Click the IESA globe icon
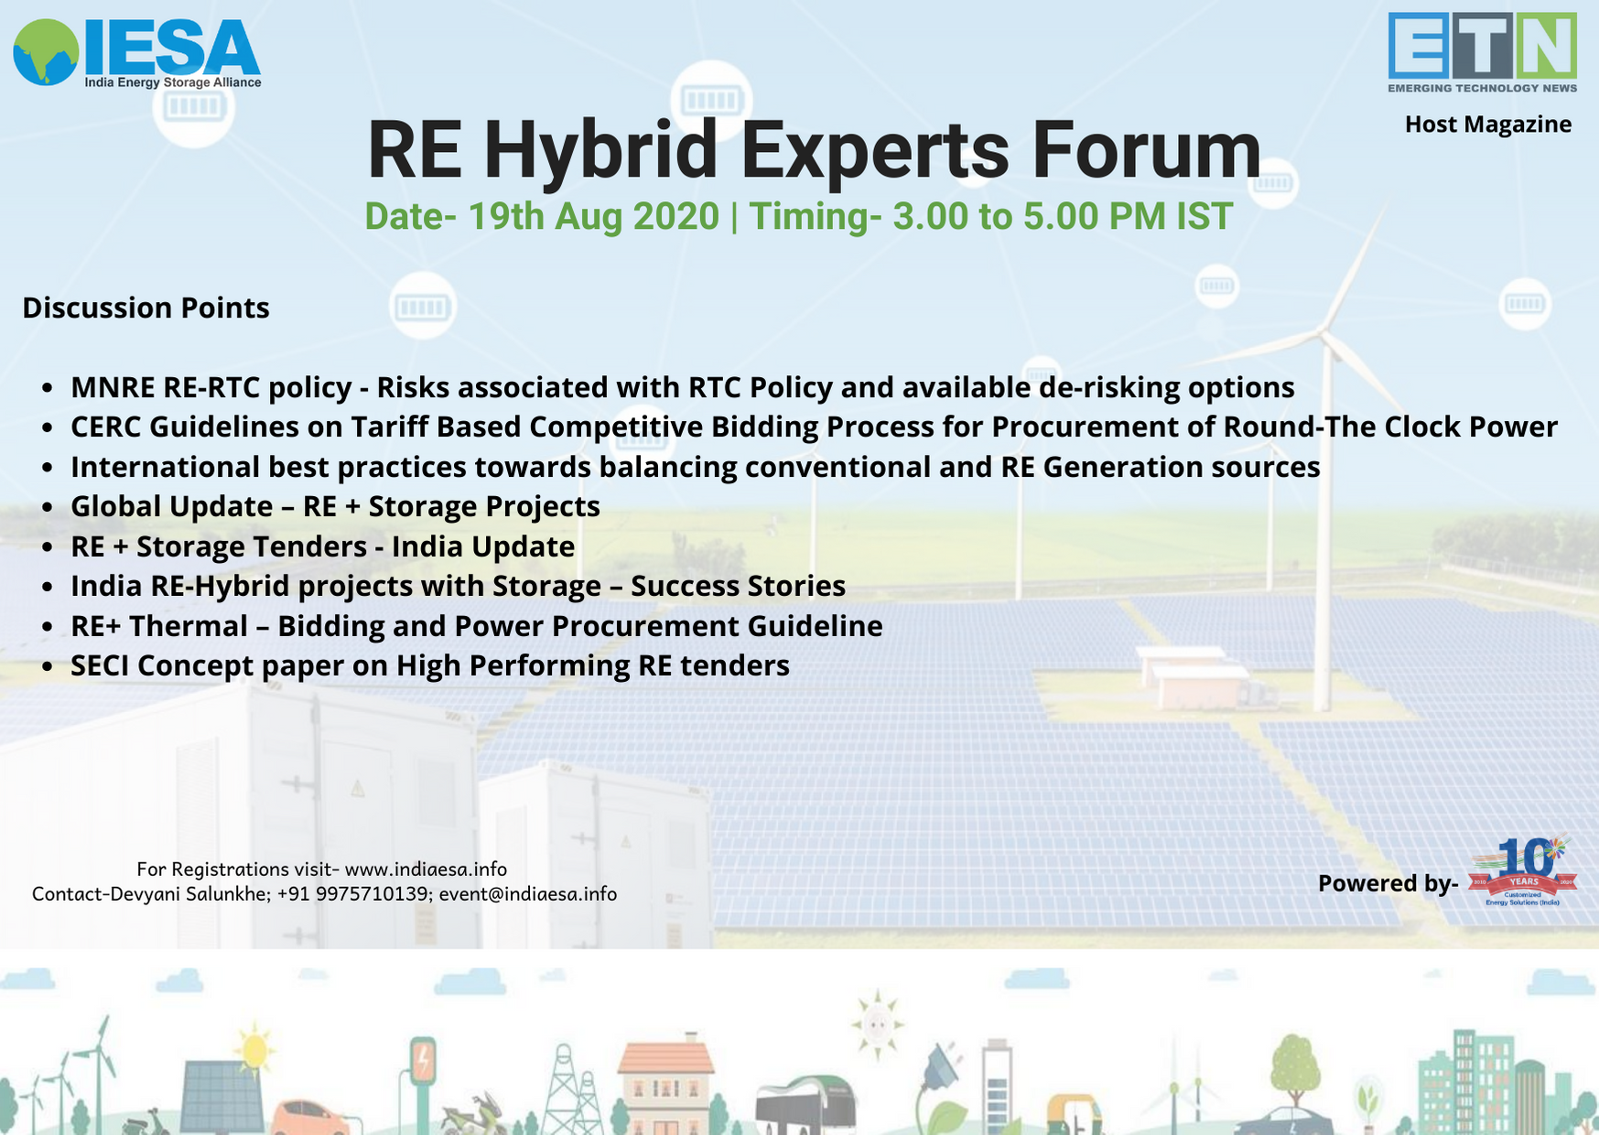(x=46, y=52)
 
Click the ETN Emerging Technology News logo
(x=1482, y=52)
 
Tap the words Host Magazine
(x=1488, y=124)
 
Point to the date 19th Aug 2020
(x=593, y=217)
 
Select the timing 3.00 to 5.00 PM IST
(x=1063, y=217)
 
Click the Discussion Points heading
(x=146, y=308)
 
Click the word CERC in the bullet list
(x=105, y=427)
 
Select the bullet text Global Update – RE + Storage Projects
(x=335, y=506)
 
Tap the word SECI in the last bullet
(x=100, y=665)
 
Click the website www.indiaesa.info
(x=426, y=869)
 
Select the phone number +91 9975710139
(x=354, y=893)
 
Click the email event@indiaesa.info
(x=528, y=893)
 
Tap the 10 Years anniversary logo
(x=1523, y=871)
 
